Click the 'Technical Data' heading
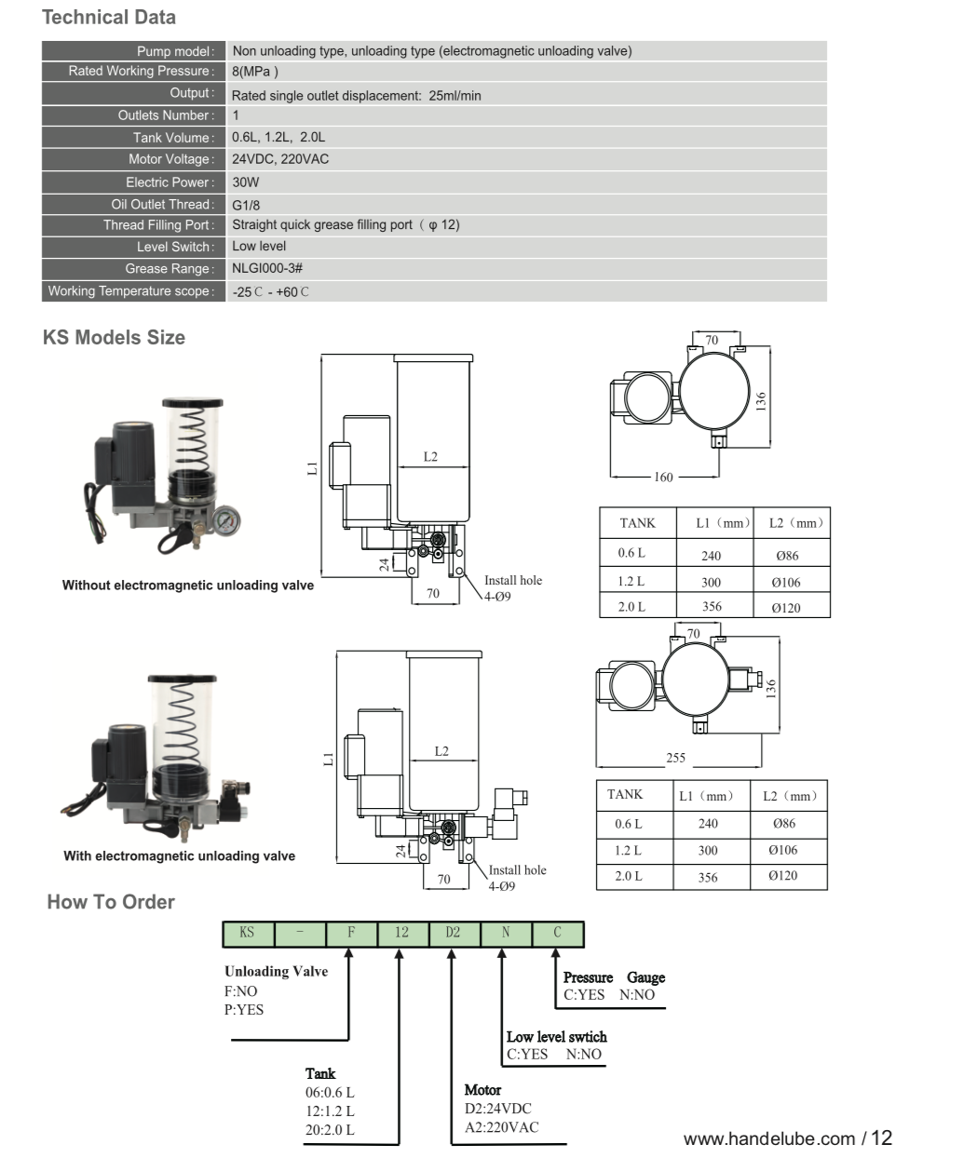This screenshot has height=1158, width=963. click(109, 18)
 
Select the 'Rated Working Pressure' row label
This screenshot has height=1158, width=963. click(140, 71)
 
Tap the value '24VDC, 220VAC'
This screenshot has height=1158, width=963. click(279, 159)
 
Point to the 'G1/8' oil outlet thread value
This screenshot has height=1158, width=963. click(246, 205)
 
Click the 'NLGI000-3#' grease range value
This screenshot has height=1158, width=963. click(267, 268)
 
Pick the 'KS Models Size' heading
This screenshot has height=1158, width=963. click(114, 338)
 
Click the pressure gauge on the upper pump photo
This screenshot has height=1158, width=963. click(224, 518)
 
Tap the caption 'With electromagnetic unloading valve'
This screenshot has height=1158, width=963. click(179, 856)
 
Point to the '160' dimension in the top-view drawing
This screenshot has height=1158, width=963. click(662, 478)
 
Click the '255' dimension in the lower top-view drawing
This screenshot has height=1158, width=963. click(675, 758)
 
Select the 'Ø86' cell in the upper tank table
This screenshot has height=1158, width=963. click(787, 556)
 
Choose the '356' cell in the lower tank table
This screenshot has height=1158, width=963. click(708, 877)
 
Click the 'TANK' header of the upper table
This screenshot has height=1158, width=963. click(637, 523)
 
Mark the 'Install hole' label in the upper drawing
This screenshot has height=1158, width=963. click(512, 580)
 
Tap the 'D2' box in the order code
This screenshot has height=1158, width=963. click(453, 933)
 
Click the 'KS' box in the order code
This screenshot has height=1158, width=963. click(247, 933)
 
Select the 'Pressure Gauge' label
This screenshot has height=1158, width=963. click(614, 977)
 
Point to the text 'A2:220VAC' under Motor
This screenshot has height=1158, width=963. click(501, 1127)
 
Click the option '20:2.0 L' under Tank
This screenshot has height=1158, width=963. click(330, 1130)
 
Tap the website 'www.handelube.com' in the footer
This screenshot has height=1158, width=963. click(769, 1138)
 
